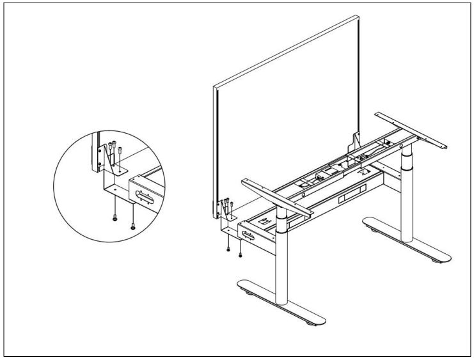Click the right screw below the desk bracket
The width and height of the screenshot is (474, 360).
[x=240, y=254]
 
